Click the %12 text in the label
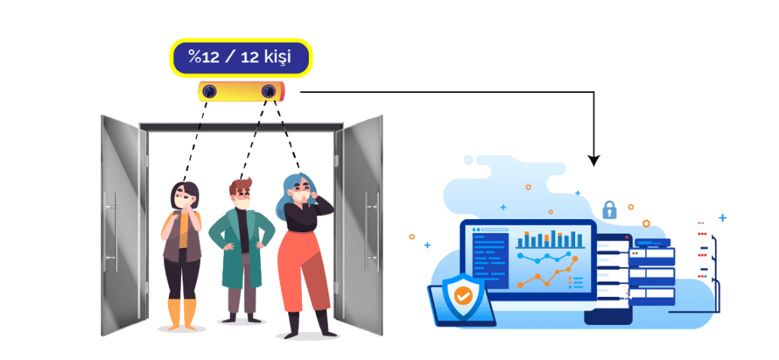tap(204, 57)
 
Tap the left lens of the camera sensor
tap(210, 91)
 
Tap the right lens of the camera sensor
tap(268, 91)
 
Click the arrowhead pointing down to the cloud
tap(593, 161)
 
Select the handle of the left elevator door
tap(115, 221)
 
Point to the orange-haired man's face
tap(243, 197)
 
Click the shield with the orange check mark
tap(460, 293)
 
